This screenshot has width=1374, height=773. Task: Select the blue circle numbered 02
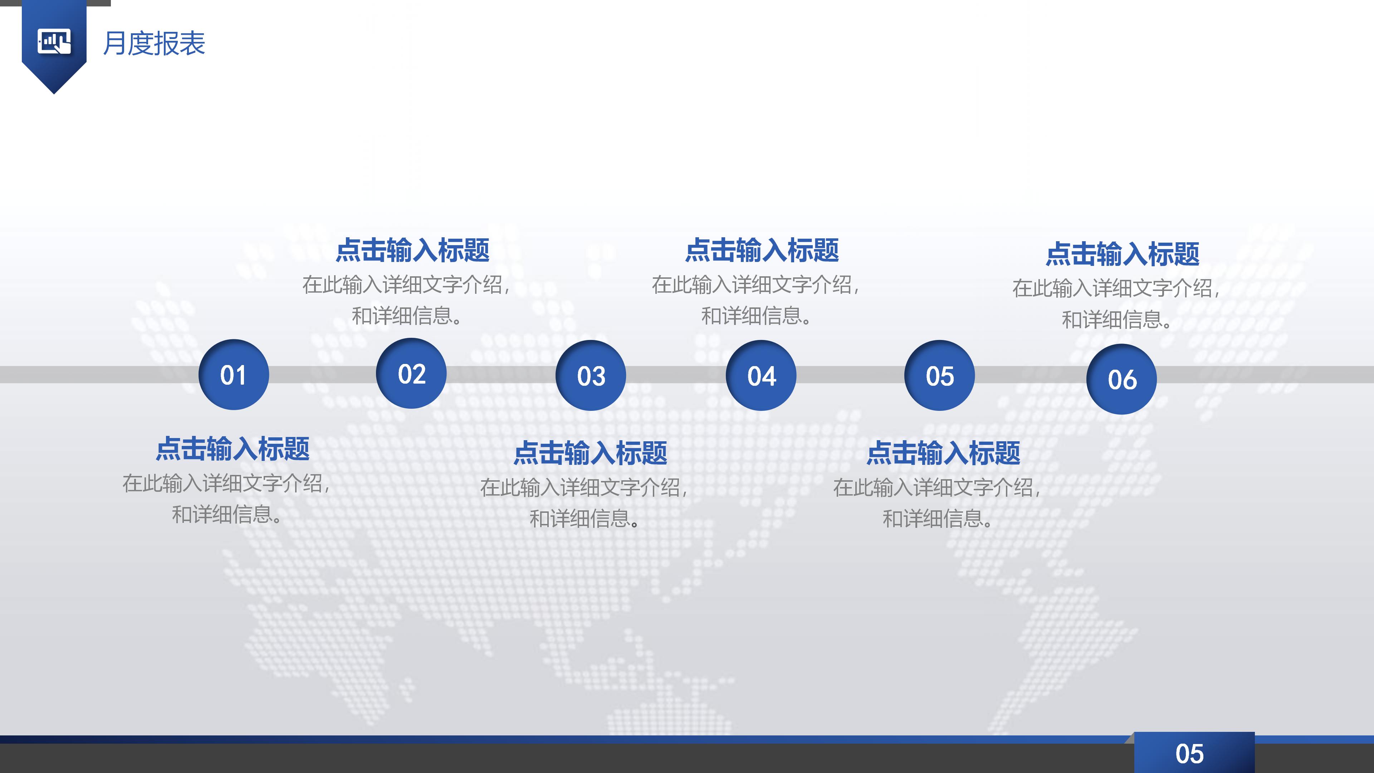[x=411, y=373]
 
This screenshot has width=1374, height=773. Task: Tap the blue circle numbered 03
[x=591, y=375]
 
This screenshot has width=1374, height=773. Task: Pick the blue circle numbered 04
[x=761, y=375]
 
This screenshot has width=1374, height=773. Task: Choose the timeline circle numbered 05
[x=940, y=375]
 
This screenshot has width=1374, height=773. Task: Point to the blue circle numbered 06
[x=1122, y=379]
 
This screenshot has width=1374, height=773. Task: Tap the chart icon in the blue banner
[x=54, y=42]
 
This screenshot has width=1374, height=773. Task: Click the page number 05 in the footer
[x=1189, y=754]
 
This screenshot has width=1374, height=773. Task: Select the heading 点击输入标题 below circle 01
[x=233, y=449]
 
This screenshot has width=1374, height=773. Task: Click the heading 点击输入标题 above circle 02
[x=412, y=250]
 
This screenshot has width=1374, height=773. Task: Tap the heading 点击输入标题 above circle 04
[x=762, y=250]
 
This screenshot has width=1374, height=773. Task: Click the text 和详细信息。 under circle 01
[x=227, y=514]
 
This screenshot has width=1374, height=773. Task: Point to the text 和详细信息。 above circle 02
[x=406, y=316]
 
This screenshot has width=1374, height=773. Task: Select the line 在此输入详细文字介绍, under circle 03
[x=584, y=487]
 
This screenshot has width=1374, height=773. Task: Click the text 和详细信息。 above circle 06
[x=1116, y=320]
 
